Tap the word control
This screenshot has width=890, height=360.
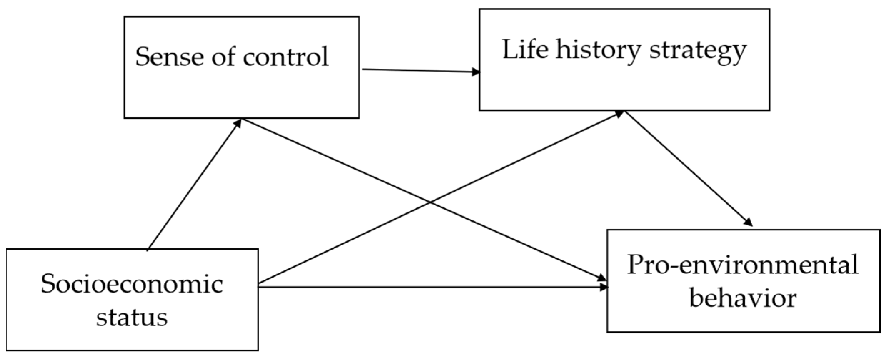click(286, 56)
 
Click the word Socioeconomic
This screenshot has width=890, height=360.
click(132, 284)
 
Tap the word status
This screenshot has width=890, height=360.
click(132, 317)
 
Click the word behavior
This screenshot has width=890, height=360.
click(743, 298)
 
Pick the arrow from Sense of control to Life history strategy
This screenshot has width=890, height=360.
click(421, 71)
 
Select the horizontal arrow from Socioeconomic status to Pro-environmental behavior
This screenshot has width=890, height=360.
click(429, 286)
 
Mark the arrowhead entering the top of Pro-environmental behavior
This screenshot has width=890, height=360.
click(748, 222)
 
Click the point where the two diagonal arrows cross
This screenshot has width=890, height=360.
click(430, 203)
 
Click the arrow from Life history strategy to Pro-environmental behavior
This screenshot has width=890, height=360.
click(687, 168)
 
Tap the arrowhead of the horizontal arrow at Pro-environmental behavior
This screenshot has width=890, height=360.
click(604, 287)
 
